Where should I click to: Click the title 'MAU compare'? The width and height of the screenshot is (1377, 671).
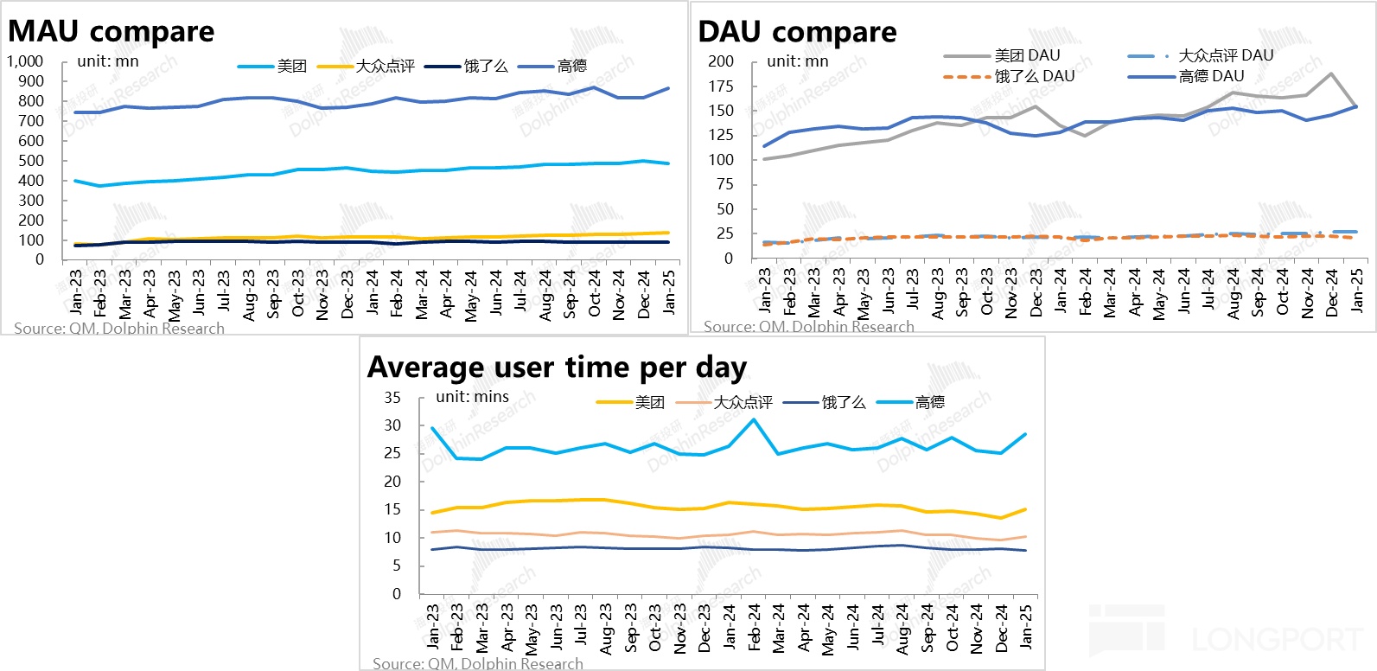[x=111, y=32]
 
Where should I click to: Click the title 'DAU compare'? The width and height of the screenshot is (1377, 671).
[x=797, y=32]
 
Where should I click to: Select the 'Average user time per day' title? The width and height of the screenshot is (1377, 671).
[x=557, y=367]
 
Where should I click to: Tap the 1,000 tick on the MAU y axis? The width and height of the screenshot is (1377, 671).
[x=25, y=61]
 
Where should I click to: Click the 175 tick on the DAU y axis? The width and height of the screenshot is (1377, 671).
[x=720, y=86]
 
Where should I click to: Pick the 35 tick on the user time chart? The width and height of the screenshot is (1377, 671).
[x=392, y=398]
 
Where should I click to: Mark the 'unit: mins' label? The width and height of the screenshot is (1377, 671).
[x=472, y=397]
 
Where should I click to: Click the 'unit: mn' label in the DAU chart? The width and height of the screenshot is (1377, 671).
[x=797, y=61]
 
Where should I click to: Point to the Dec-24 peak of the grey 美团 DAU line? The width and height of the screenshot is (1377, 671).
[x=1331, y=73]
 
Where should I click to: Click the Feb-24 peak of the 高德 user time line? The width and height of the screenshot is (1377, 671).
[x=754, y=420]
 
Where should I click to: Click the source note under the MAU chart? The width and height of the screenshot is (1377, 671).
[x=119, y=329]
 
